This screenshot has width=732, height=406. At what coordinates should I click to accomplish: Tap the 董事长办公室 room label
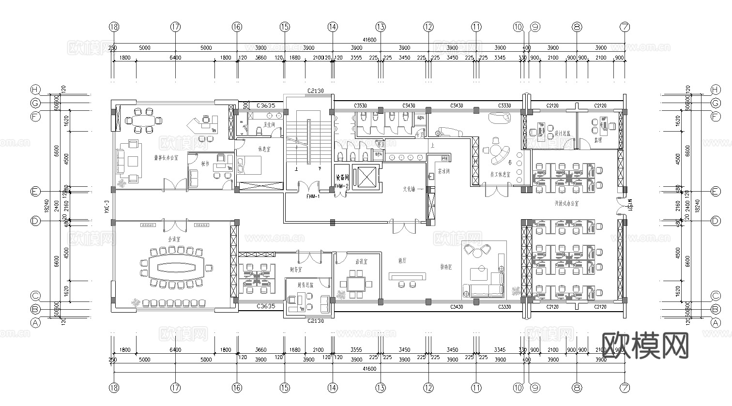166,158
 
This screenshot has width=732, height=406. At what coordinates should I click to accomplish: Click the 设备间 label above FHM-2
342,178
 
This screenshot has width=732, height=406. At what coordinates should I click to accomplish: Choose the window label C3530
360,105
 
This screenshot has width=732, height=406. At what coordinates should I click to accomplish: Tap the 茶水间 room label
443,171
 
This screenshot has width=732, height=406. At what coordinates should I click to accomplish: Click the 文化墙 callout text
409,189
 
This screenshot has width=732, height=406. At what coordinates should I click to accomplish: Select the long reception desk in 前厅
408,276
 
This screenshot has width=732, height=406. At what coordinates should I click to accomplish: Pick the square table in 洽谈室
357,283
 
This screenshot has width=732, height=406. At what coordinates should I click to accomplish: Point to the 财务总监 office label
305,285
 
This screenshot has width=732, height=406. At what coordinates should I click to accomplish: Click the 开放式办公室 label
566,204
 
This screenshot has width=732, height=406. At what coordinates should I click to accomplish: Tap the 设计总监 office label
563,133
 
